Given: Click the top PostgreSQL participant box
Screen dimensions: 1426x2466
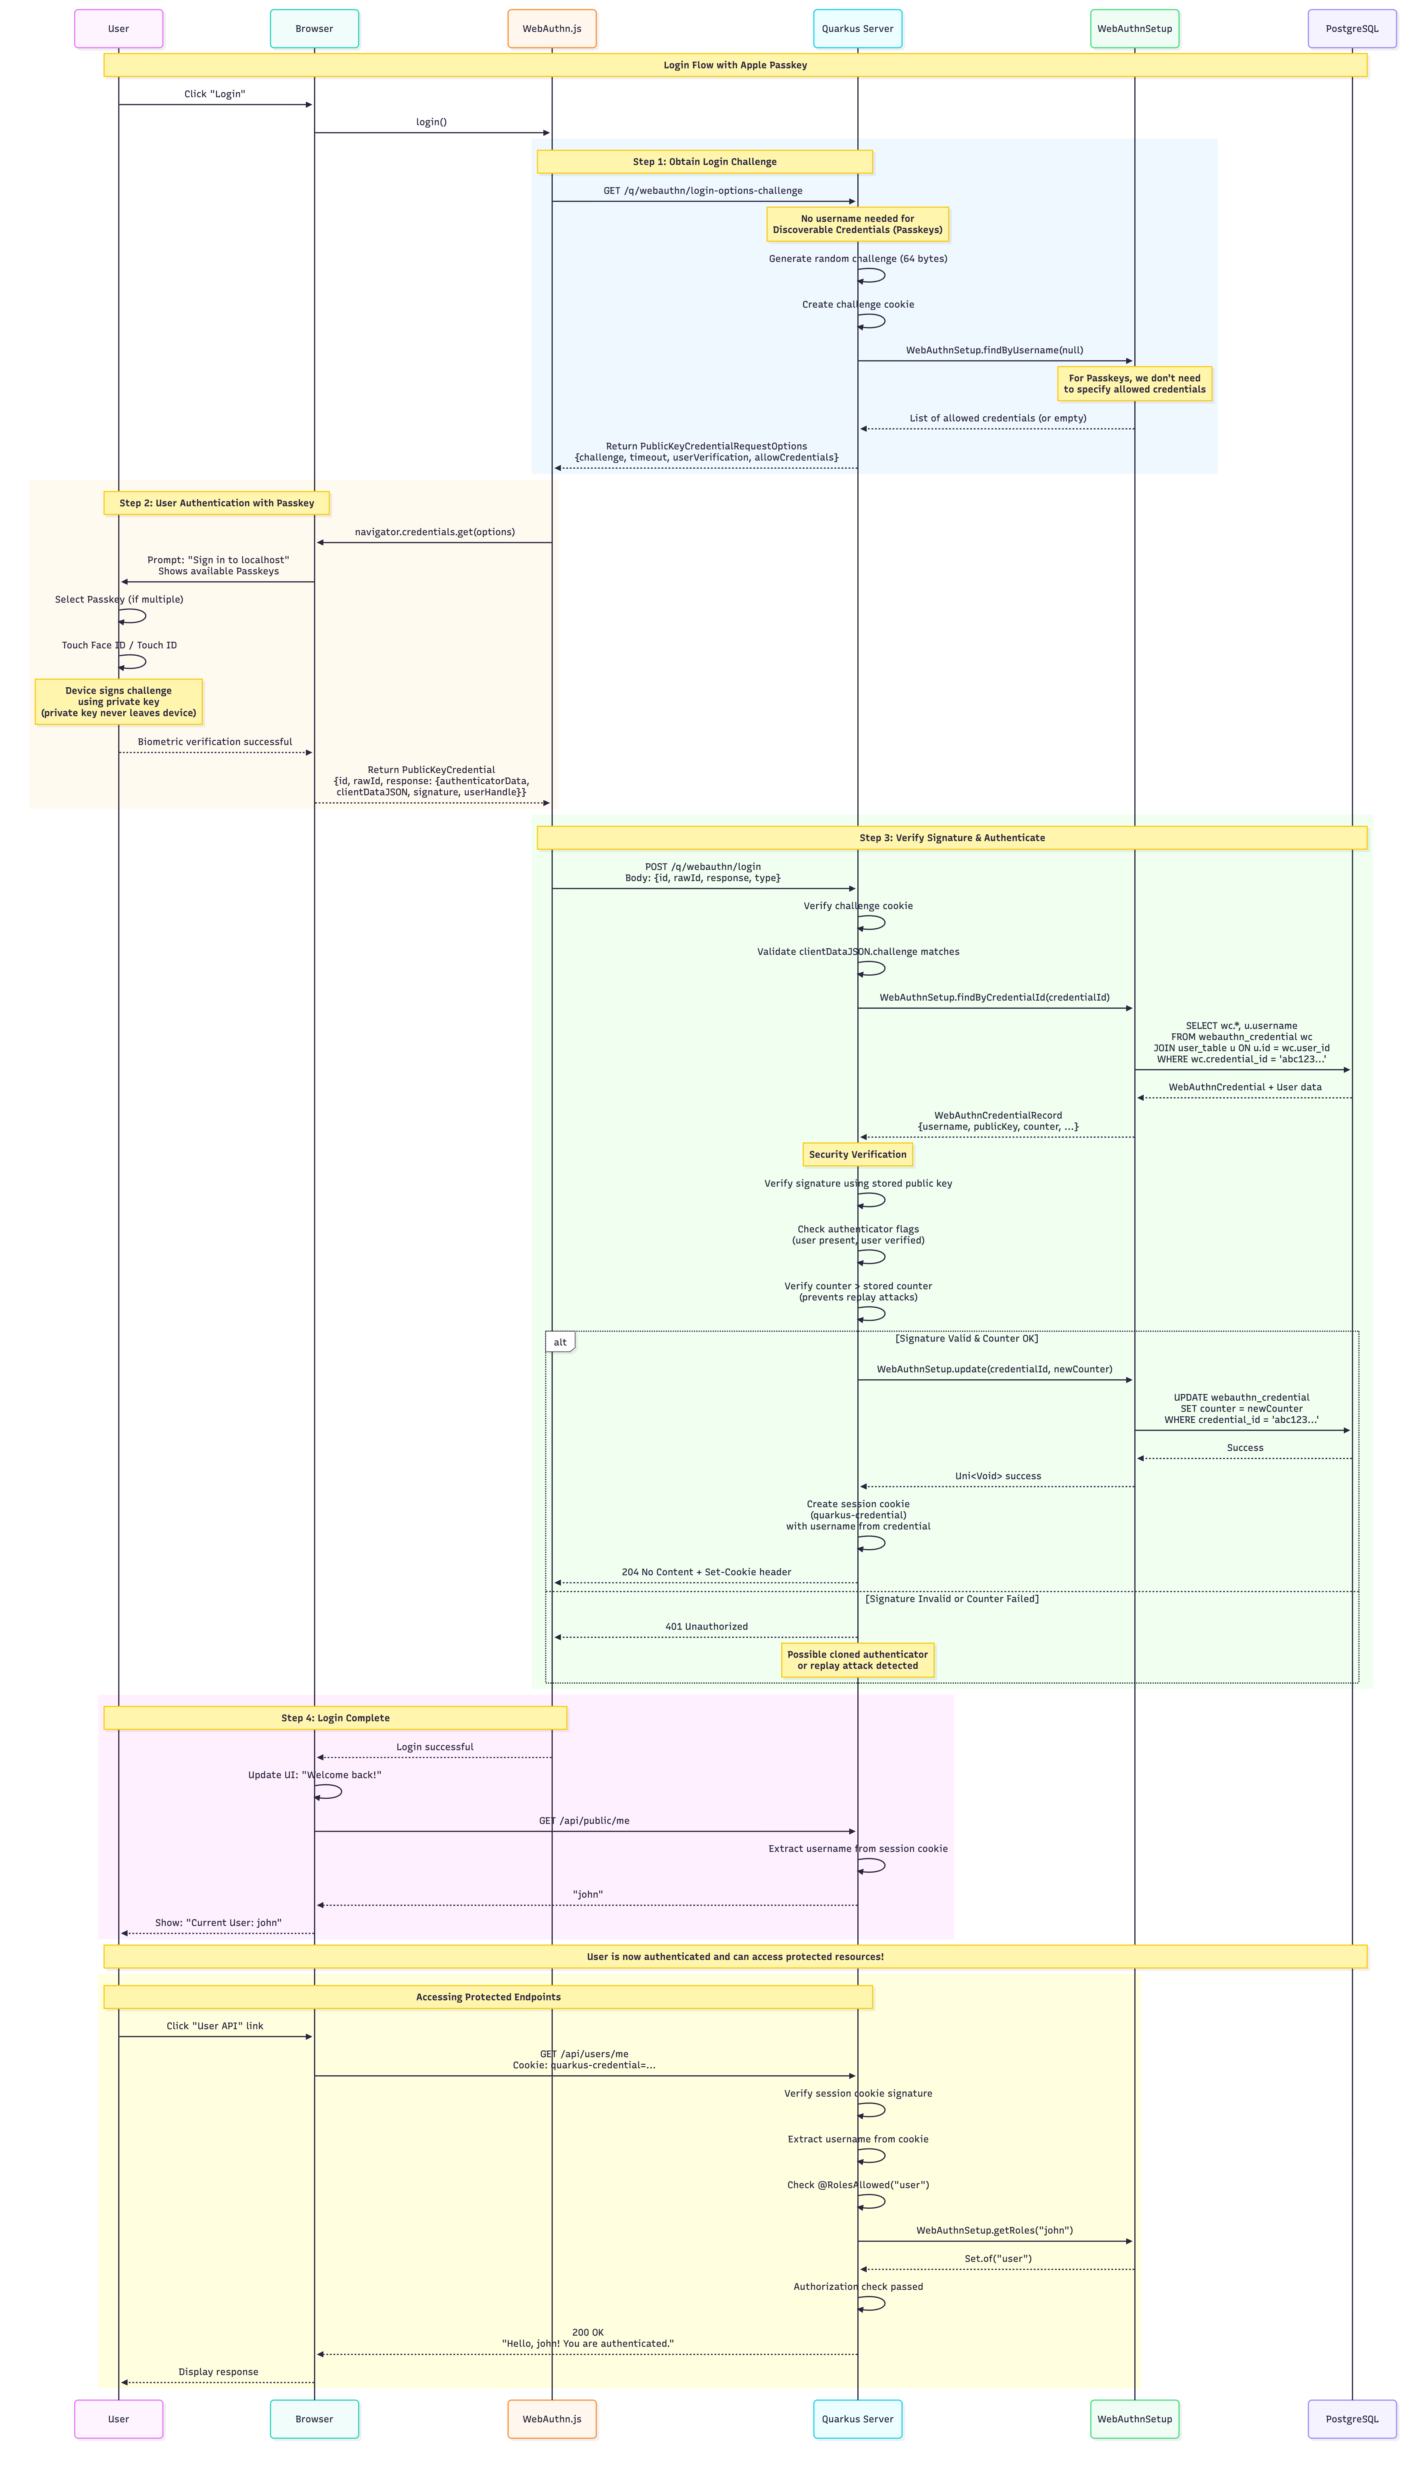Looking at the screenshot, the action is click(1352, 28).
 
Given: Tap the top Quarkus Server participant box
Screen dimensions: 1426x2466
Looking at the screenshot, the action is click(857, 28).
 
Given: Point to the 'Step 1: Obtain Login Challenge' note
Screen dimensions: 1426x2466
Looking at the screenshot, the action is click(704, 161).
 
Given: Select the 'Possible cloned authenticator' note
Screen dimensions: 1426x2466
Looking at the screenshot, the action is click(857, 1660).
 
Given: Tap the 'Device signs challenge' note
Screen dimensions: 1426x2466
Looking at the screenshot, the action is click(118, 702).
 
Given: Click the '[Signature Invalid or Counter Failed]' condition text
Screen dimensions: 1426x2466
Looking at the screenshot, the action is click(951, 1599).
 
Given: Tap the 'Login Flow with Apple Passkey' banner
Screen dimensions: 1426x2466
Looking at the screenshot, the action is click(735, 65).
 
